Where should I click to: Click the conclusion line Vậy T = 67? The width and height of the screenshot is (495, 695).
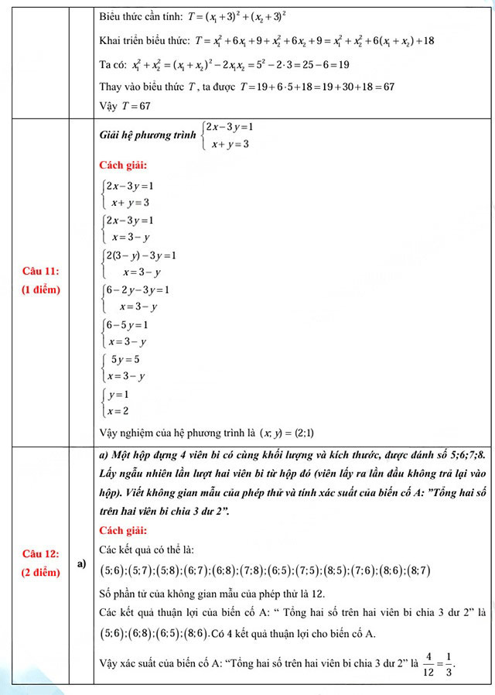point(125,105)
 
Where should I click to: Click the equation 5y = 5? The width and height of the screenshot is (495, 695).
point(125,359)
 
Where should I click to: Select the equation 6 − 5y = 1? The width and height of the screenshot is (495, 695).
point(128,325)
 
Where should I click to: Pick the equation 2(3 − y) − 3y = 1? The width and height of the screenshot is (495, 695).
point(142,255)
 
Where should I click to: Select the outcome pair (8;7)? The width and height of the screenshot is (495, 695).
point(415,570)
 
